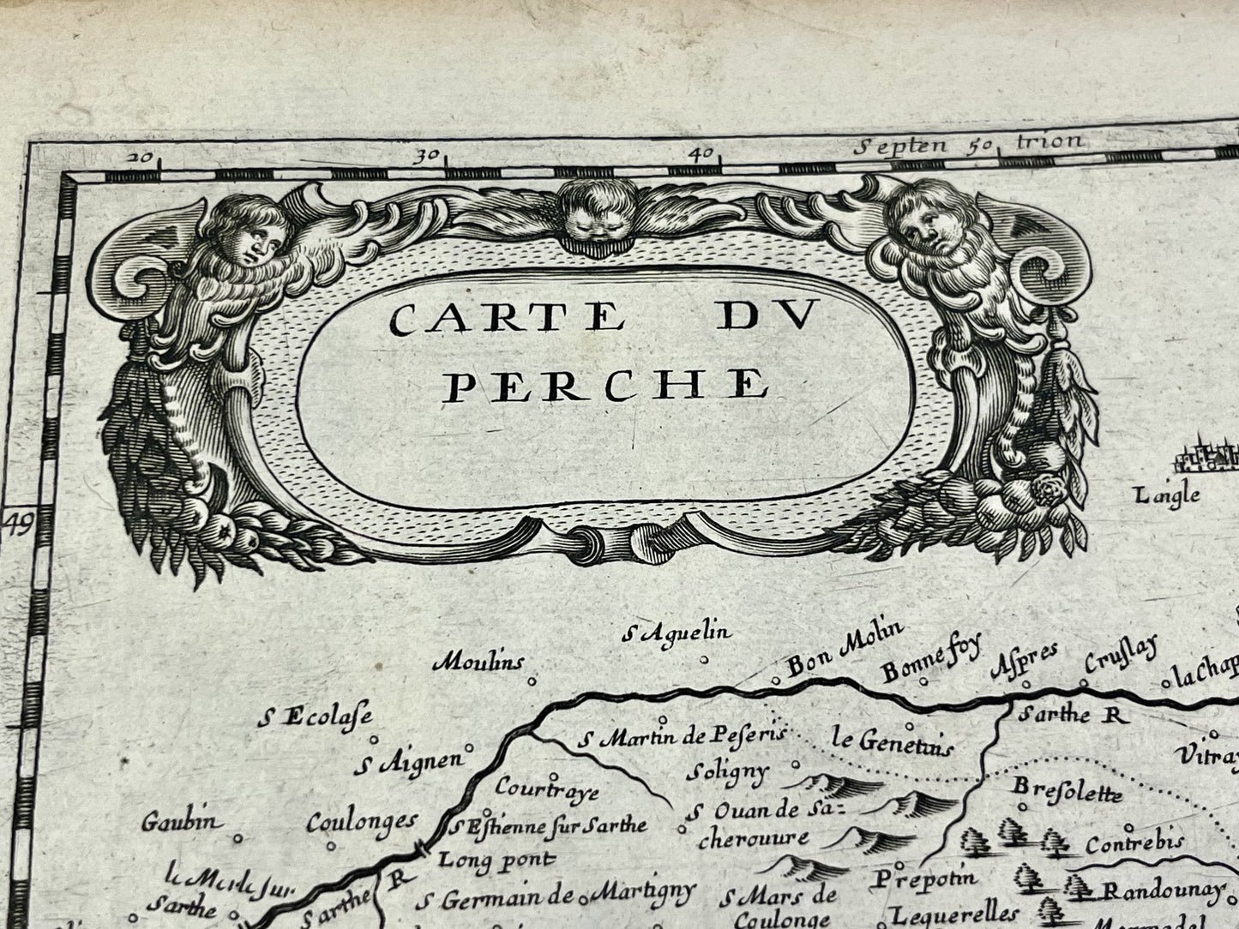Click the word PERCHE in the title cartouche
click(605, 386)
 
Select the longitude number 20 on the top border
click(143, 157)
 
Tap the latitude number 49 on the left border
click(17, 522)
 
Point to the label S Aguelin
click(677, 634)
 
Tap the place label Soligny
click(727, 770)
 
